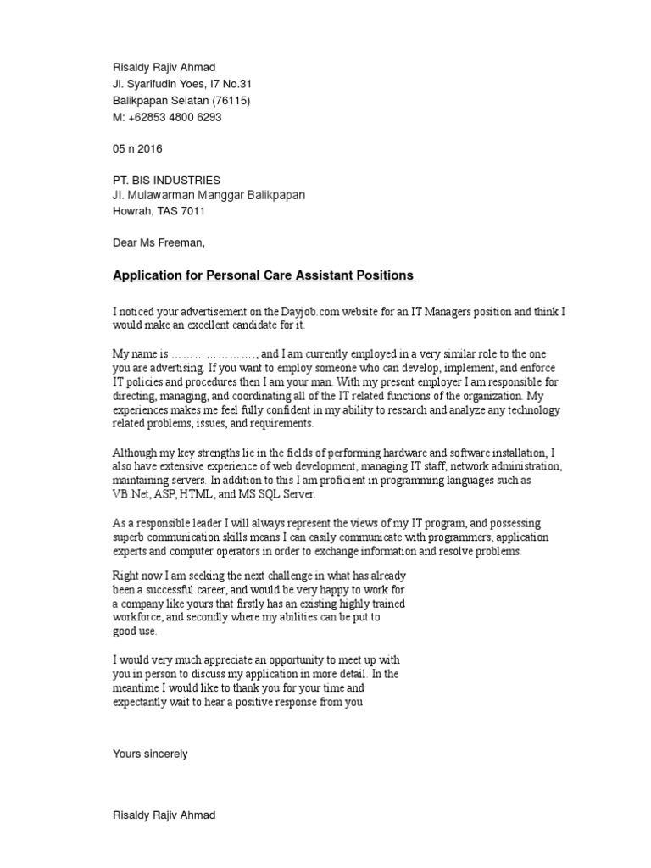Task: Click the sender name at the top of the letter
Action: point(164,68)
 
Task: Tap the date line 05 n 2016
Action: point(137,148)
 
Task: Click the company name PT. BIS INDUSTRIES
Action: point(166,180)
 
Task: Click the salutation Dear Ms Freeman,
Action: point(159,242)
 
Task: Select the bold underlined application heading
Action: point(264,275)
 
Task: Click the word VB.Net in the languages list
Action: point(131,494)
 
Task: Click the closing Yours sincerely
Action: point(150,754)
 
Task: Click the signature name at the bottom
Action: point(164,815)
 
